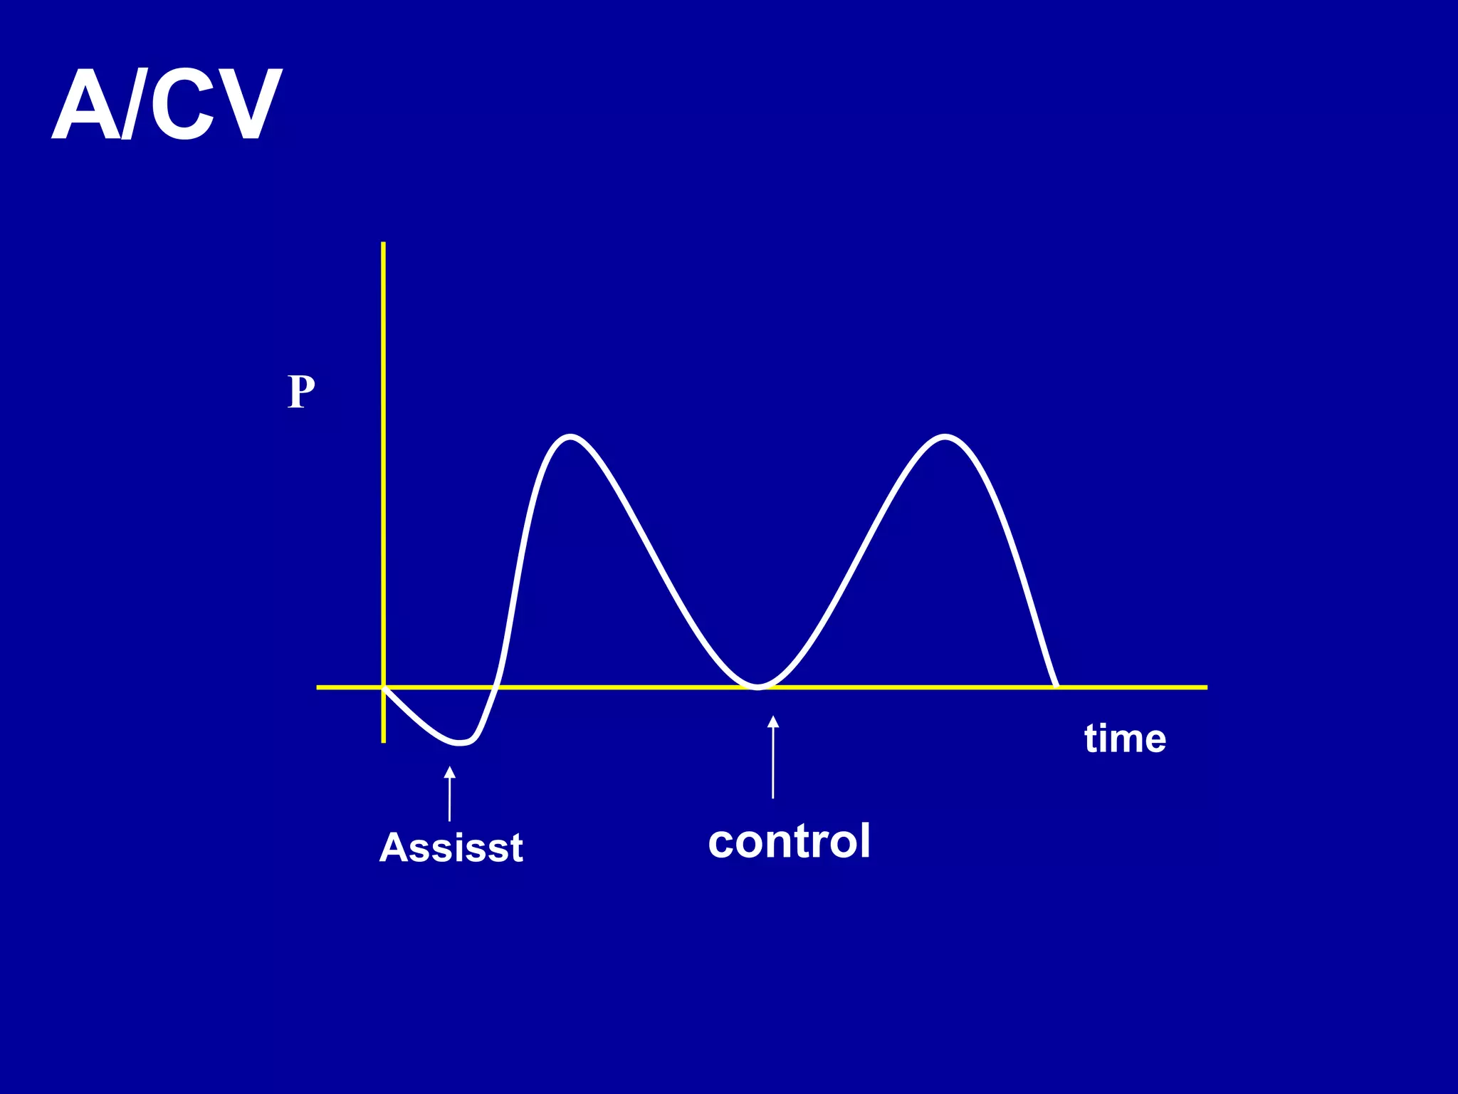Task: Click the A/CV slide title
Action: pyautogui.click(x=167, y=105)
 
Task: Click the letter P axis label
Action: pyautogui.click(x=301, y=392)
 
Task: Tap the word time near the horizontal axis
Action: pyautogui.click(x=1125, y=739)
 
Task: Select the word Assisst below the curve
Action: pyautogui.click(x=451, y=848)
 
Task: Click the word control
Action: pyautogui.click(x=789, y=841)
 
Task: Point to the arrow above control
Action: pyautogui.click(x=773, y=756)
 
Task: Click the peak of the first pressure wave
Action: pyautogui.click(x=571, y=436)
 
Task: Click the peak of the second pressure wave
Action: pyautogui.click(x=944, y=436)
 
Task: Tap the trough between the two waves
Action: pyautogui.click(x=758, y=687)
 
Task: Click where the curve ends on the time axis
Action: pyautogui.click(x=1056, y=687)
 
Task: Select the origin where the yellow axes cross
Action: pyautogui.click(x=384, y=687)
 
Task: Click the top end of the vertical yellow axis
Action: pyautogui.click(x=384, y=244)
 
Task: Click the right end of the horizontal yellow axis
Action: pyautogui.click(x=1205, y=687)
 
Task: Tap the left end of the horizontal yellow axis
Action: pyautogui.click(x=319, y=687)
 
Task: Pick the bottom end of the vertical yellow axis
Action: pyautogui.click(x=384, y=741)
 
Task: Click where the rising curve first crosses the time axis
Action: pyautogui.click(x=495, y=687)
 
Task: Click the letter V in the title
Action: pyautogui.click(x=246, y=105)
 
